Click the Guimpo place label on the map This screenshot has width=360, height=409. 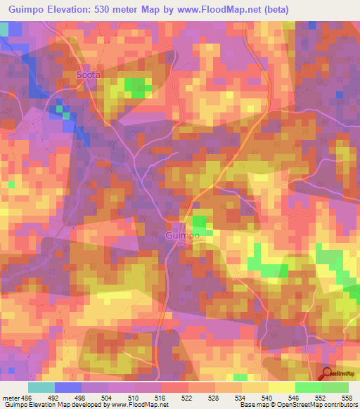pyautogui.click(x=183, y=237)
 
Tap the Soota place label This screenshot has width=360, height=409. pyautogui.click(x=89, y=74)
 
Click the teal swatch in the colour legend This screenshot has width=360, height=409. pyautogui.click(x=41, y=387)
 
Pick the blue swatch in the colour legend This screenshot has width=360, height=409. pyautogui.click(x=68, y=387)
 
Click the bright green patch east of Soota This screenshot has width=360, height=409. pyautogui.click(x=138, y=86)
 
